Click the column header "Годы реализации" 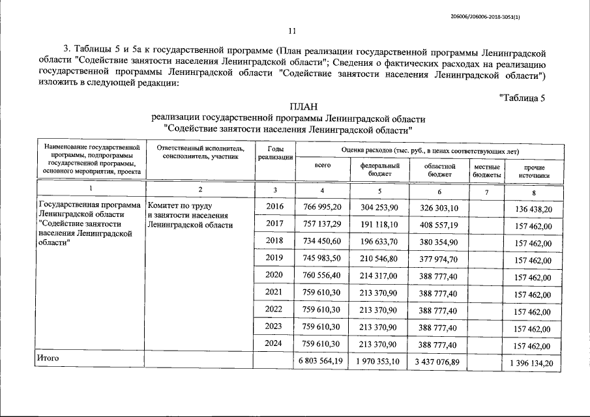click(x=275, y=153)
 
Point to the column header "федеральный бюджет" click(x=379, y=171)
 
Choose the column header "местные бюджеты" click(x=487, y=171)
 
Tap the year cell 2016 click(x=274, y=207)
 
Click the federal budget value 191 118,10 click(x=379, y=224)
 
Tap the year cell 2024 click(x=274, y=343)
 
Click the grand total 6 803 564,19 click(x=320, y=361)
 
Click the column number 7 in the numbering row click(x=486, y=190)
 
